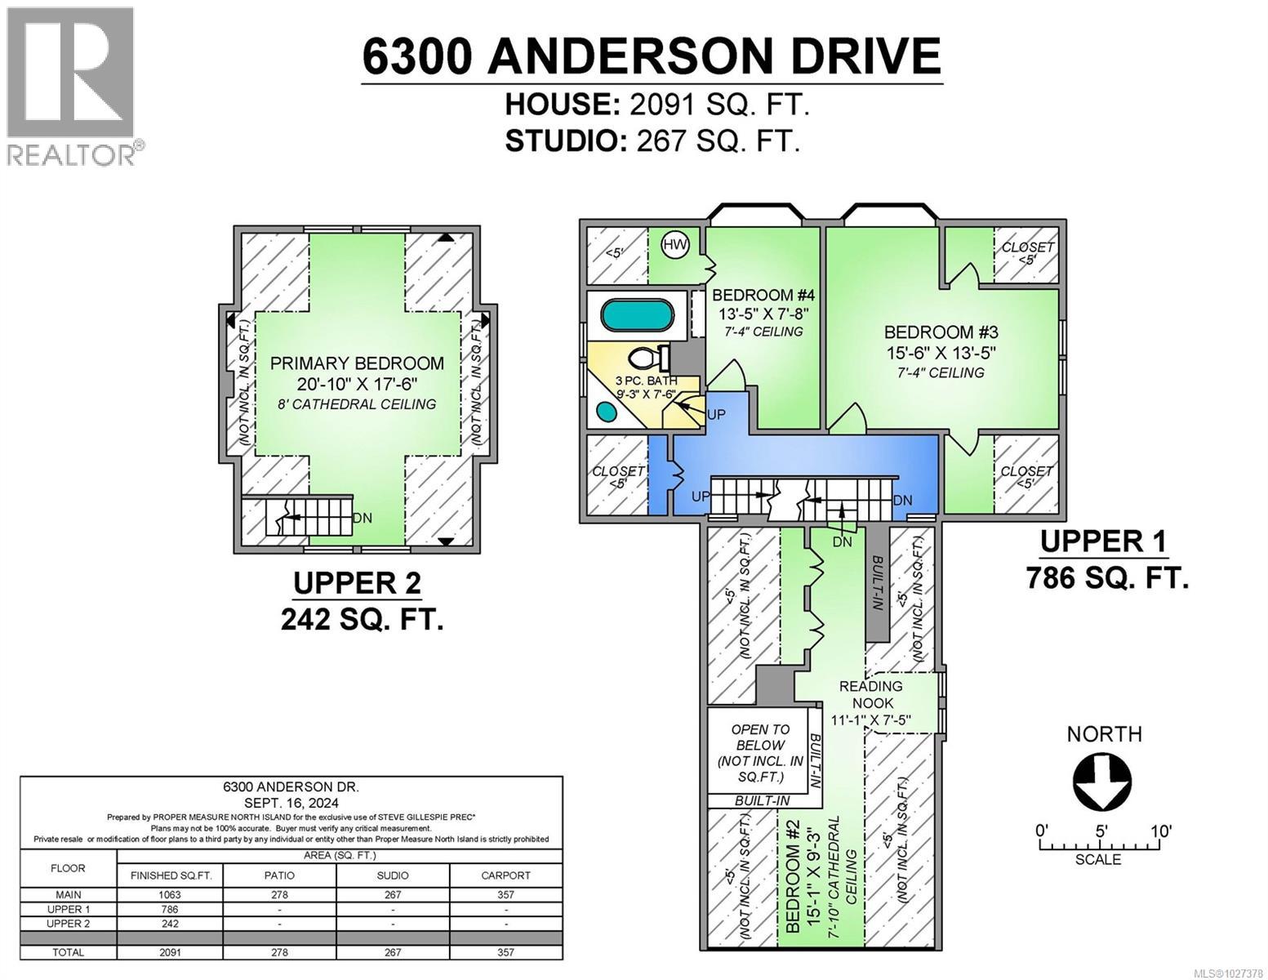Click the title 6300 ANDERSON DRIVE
pyautogui.click(x=652, y=57)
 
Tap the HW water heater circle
pyautogui.click(x=674, y=245)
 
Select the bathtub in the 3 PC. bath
pyautogui.click(x=636, y=314)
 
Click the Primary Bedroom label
pyautogui.click(x=358, y=363)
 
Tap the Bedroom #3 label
pyautogui.click(x=941, y=332)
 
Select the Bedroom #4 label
pyautogui.click(x=752, y=295)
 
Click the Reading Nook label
pyautogui.click(x=870, y=694)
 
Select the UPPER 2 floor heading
pyautogui.click(x=357, y=583)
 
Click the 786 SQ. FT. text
pyautogui.click(x=1106, y=578)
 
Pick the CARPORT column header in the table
pyautogui.click(x=505, y=875)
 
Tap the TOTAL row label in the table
pyautogui.click(x=68, y=952)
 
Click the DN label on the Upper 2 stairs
pyautogui.click(x=362, y=518)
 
